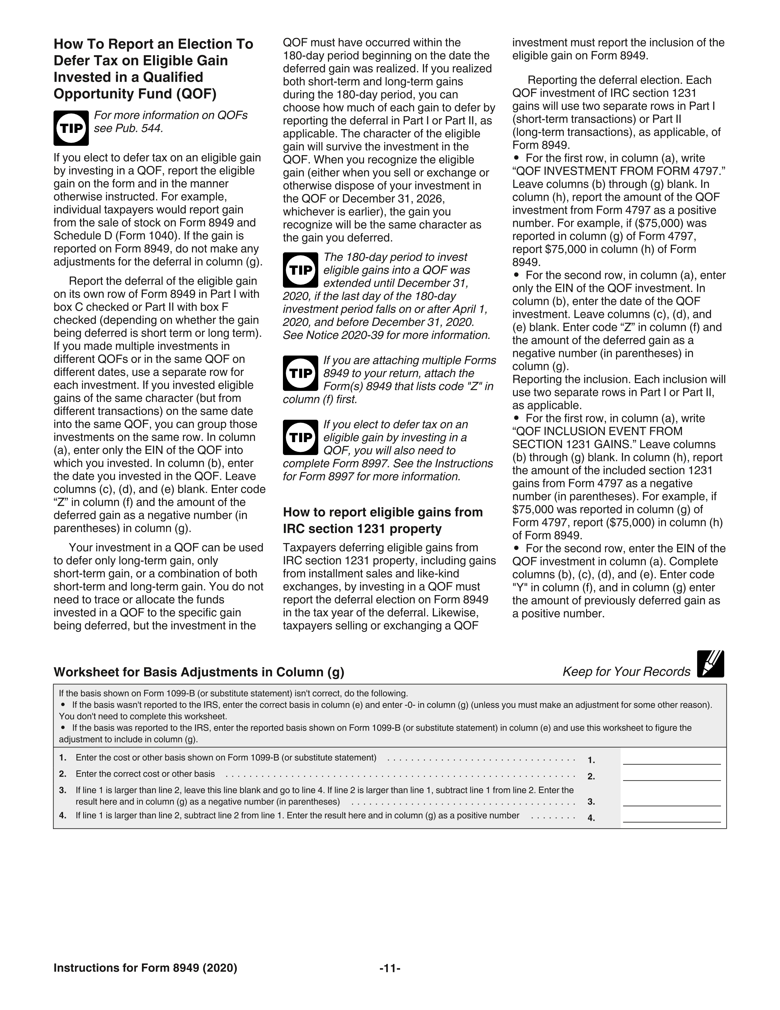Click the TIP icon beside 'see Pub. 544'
(x=71, y=128)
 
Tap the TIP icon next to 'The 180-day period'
(x=300, y=270)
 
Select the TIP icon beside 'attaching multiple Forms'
(x=300, y=373)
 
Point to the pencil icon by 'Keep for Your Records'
(x=710, y=664)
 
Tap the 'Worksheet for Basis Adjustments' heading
(x=199, y=672)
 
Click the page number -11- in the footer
(x=389, y=968)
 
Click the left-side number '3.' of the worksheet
(x=62, y=790)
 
